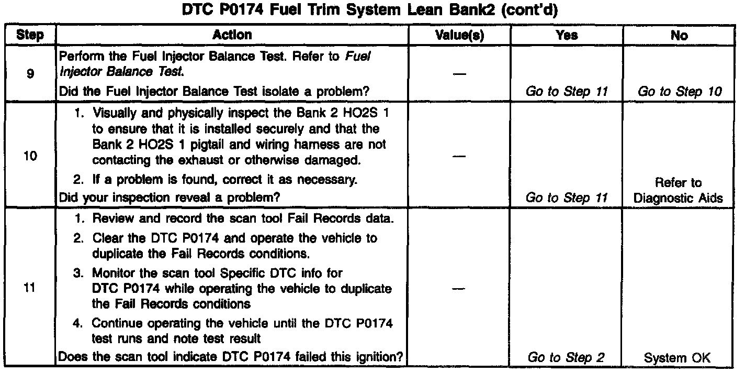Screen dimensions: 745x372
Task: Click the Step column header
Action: (x=30, y=35)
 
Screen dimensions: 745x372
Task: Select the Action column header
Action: (x=232, y=35)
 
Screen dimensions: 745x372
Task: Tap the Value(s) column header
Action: (x=460, y=35)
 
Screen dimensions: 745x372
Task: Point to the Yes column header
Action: (x=567, y=35)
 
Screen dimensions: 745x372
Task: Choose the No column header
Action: (x=679, y=35)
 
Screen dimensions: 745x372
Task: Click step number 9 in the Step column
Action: (x=30, y=74)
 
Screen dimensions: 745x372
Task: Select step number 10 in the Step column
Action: (x=30, y=156)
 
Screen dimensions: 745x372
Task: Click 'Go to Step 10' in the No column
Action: (x=679, y=91)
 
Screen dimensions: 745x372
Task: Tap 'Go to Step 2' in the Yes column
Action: (x=567, y=357)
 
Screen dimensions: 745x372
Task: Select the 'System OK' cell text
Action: (x=678, y=357)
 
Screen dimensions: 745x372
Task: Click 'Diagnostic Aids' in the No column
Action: (x=679, y=198)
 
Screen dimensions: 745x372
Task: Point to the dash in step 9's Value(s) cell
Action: (x=459, y=74)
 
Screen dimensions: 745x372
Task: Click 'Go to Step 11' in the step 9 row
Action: (x=567, y=91)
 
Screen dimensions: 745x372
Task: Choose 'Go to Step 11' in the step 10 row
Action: (x=567, y=198)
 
